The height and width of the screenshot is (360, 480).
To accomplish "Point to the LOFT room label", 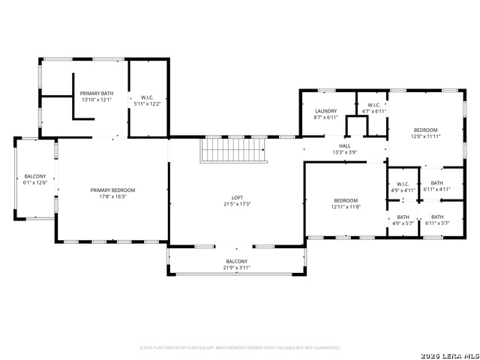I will (x=236, y=198).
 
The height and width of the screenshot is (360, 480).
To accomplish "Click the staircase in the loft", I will (x=233, y=150).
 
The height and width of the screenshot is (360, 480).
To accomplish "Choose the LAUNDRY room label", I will (x=326, y=111).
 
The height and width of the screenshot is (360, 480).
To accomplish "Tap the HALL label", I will (x=345, y=145).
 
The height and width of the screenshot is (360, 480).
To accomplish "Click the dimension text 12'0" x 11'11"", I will (x=425, y=136).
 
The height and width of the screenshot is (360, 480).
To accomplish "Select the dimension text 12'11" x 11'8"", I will (x=346, y=206).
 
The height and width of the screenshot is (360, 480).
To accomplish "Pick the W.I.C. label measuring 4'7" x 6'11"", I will (x=373, y=111).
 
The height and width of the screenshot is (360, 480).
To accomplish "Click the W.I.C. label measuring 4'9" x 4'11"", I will (x=403, y=190).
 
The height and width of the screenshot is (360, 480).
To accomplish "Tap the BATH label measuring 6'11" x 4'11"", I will (x=437, y=190).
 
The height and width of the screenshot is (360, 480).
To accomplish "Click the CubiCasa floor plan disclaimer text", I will (x=240, y=347).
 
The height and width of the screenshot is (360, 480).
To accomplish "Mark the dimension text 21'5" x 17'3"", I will (x=236, y=204).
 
